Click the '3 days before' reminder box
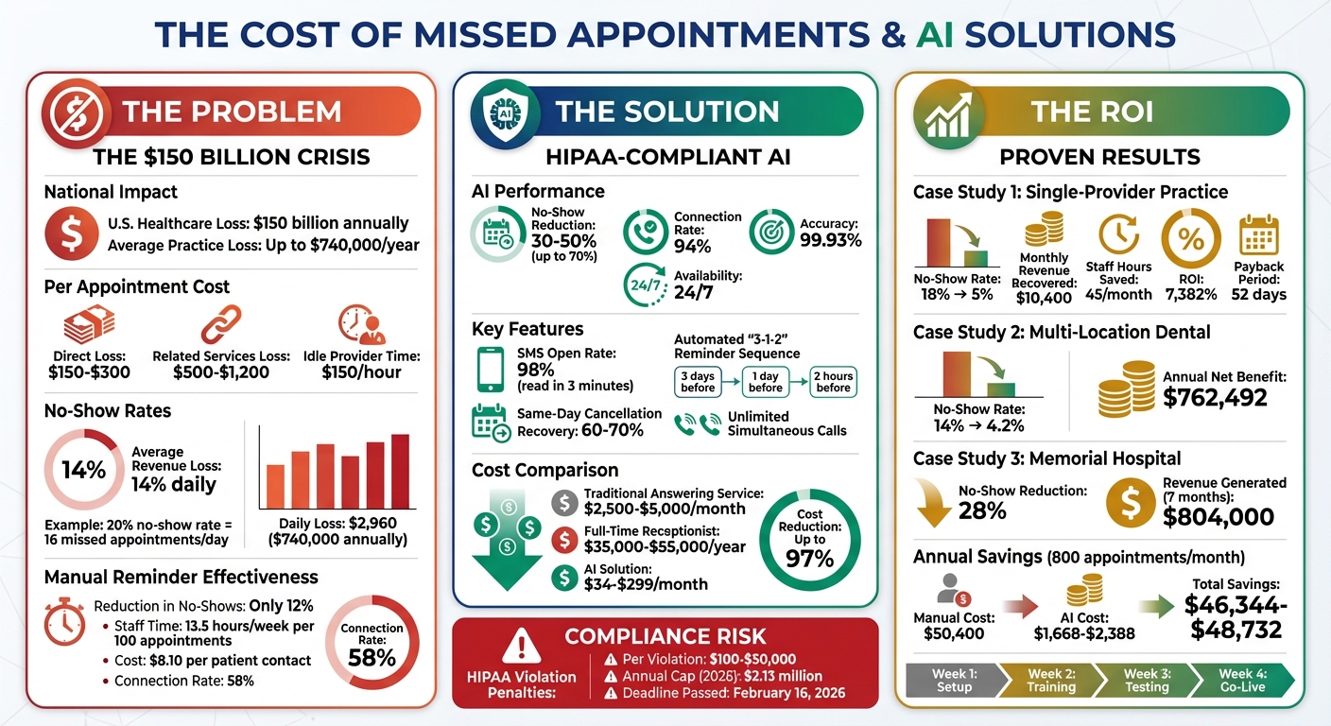click(x=698, y=381)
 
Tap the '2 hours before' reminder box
click(x=833, y=381)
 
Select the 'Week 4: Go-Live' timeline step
click(x=1241, y=679)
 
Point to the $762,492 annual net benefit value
click(x=1215, y=397)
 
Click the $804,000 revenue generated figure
click(x=1219, y=516)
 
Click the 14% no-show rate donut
click(x=83, y=469)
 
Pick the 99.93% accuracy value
click(x=832, y=240)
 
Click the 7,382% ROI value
click(x=1191, y=293)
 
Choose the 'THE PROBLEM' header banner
click(x=232, y=111)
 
